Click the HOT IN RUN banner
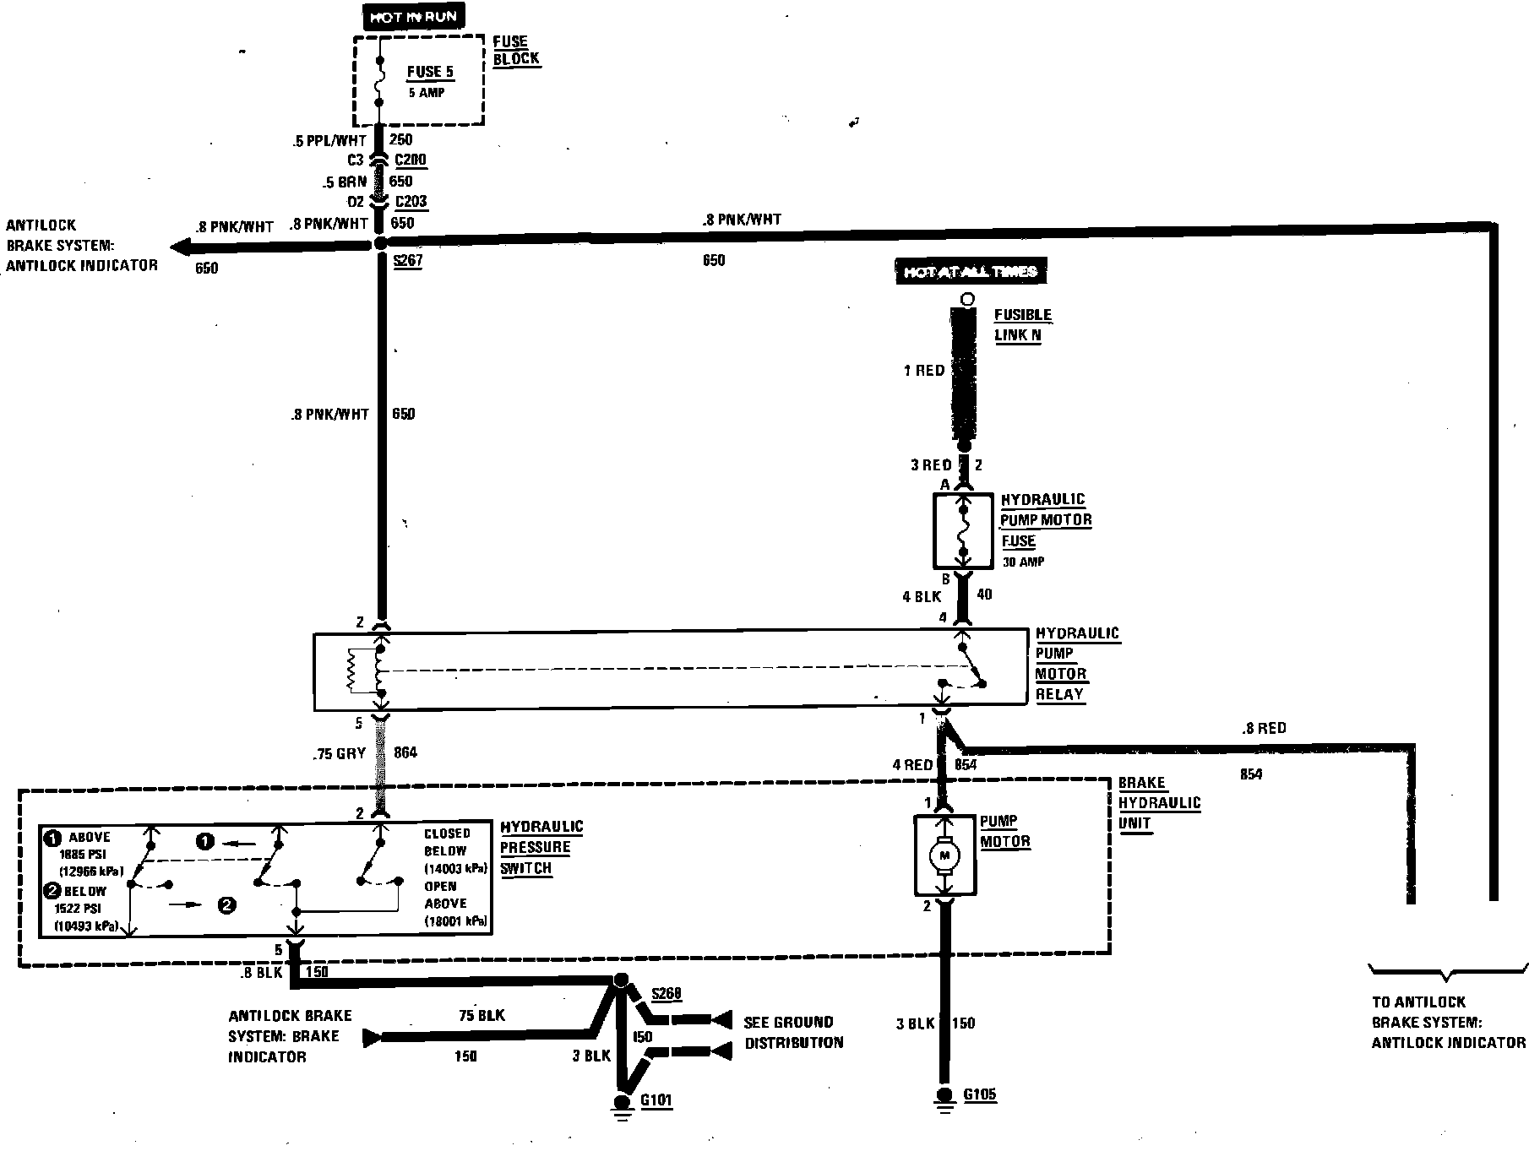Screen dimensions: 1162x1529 pyautogui.click(x=414, y=16)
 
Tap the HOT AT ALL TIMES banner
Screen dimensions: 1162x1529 pyautogui.click(x=971, y=271)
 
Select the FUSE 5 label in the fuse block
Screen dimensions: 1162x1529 pyautogui.click(x=430, y=72)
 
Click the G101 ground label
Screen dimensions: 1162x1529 pyautogui.click(x=656, y=1100)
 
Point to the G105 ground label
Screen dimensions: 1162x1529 pyautogui.click(x=980, y=1094)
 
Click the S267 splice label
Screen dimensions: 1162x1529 pyautogui.click(x=407, y=261)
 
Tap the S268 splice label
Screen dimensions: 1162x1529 pyautogui.click(x=666, y=993)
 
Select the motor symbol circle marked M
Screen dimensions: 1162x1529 pyautogui.click(x=945, y=857)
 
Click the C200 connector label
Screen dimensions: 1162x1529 pyautogui.click(x=411, y=160)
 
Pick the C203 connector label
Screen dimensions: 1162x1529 pyautogui.click(x=411, y=202)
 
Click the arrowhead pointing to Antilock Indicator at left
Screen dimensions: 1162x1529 pyautogui.click(x=179, y=247)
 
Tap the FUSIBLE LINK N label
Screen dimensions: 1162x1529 pyautogui.click(x=1022, y=325)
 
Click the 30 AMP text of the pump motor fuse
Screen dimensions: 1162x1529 pyautogui.click(x=1023, y=562)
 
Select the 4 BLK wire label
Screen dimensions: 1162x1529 pyautogui.click(x=921, y=596)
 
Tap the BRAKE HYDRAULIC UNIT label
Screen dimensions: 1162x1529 pyautogui.click(x=1159, y=802)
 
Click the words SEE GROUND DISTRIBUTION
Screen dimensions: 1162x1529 pyautogui.click(x=792, y=1032)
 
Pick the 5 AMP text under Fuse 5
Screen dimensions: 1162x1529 pyautogui.click(x=426, y=93)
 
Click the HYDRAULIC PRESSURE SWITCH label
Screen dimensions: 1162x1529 pyautogui.click(x=541, y=847)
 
